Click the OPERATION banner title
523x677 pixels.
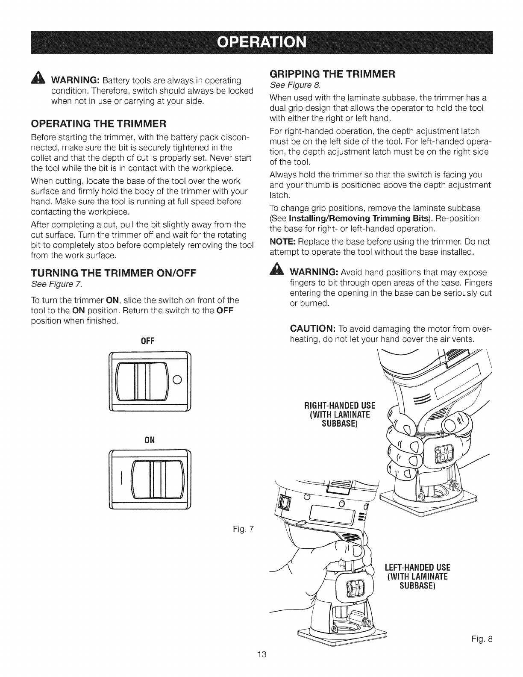[261, 43]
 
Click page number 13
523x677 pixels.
[261, 666]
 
